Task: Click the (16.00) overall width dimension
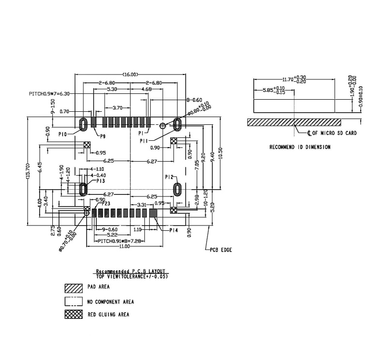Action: click(x=130, y=75)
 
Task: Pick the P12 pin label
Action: click(x=169, y=177)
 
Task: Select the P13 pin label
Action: click(x=100, y=180)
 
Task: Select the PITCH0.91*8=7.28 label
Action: click(x=118, y=240)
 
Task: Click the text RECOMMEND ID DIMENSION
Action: click(x=300, y=147)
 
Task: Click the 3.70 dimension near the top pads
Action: click(x=117, y=107)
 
